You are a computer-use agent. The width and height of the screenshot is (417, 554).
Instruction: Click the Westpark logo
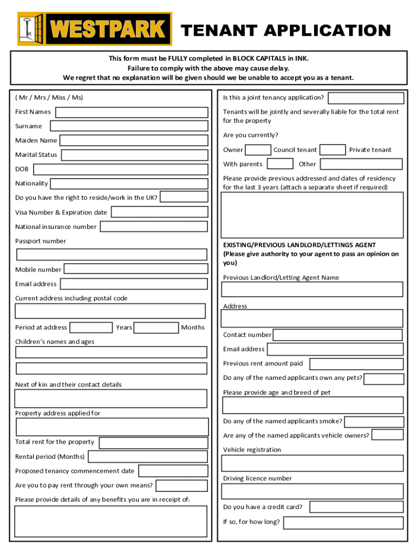(x=95, y=29)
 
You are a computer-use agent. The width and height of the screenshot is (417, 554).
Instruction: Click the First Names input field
(x=132, y=113)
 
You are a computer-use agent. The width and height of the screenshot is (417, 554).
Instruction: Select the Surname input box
(x=129, y=126)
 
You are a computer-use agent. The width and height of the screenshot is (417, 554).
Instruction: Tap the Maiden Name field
(x=133, y=141)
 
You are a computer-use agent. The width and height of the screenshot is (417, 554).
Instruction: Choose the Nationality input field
(x=129, y=184)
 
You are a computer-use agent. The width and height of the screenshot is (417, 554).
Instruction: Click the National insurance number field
(x=154, y=227)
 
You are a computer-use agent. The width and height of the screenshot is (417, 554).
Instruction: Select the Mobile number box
(x=136, y=269)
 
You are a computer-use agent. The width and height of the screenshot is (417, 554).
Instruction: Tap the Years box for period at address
(x=92, y=327)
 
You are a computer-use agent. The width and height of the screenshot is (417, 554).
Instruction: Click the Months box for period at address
(x=156, y=327)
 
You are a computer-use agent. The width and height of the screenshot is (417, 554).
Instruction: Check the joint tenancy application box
(x=366, y=98)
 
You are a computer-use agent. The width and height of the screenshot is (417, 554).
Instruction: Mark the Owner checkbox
(x=258, y=150)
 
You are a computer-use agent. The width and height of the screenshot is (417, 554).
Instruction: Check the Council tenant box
(x=333, y=150)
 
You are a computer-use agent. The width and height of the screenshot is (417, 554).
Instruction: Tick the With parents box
(x=281, y=164)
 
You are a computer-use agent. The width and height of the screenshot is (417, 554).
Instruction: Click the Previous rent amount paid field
(x=356, y=364)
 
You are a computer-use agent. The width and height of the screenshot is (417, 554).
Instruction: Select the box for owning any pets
(x=384, y=379)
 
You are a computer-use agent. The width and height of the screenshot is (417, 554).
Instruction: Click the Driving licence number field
(x=312, y=491)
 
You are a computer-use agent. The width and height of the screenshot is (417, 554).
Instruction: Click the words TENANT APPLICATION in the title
(x=285, y=30)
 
